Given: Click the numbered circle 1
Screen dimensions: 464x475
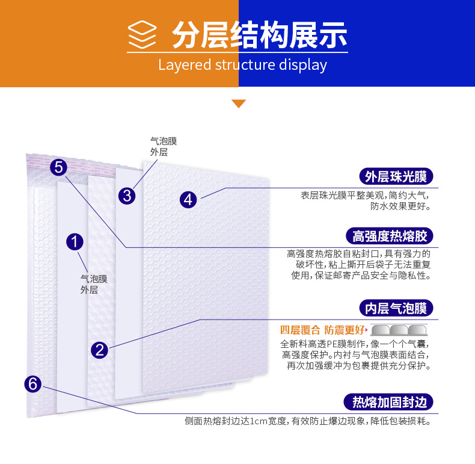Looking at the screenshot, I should (75, 243).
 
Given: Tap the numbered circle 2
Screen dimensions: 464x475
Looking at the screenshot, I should (100, 350).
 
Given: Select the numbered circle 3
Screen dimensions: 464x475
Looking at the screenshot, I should (127, 196).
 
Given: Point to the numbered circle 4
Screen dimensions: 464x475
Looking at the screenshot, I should (189, 199).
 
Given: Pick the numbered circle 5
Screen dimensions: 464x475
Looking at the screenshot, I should (58, 167).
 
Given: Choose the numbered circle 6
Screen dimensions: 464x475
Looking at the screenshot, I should (34, 383).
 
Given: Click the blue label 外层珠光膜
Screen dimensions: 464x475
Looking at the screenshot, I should (396, 176).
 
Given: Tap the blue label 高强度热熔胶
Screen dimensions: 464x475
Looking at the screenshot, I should (390, 235).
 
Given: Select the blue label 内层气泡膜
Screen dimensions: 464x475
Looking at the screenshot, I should (396, 309).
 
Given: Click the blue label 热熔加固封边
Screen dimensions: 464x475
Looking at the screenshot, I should (390, 402).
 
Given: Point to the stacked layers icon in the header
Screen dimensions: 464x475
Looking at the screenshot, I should (142, 36).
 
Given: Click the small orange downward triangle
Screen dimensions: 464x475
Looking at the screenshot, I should (239, 104).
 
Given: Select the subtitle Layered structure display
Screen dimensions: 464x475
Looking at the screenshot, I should (242, 65).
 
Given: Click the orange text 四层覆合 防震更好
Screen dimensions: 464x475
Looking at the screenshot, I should (323, 330).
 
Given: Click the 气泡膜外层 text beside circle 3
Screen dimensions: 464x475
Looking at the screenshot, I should (164, 147).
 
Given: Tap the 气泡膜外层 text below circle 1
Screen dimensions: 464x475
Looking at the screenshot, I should (94, 284).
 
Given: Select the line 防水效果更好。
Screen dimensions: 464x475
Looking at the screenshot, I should (400, 206).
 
